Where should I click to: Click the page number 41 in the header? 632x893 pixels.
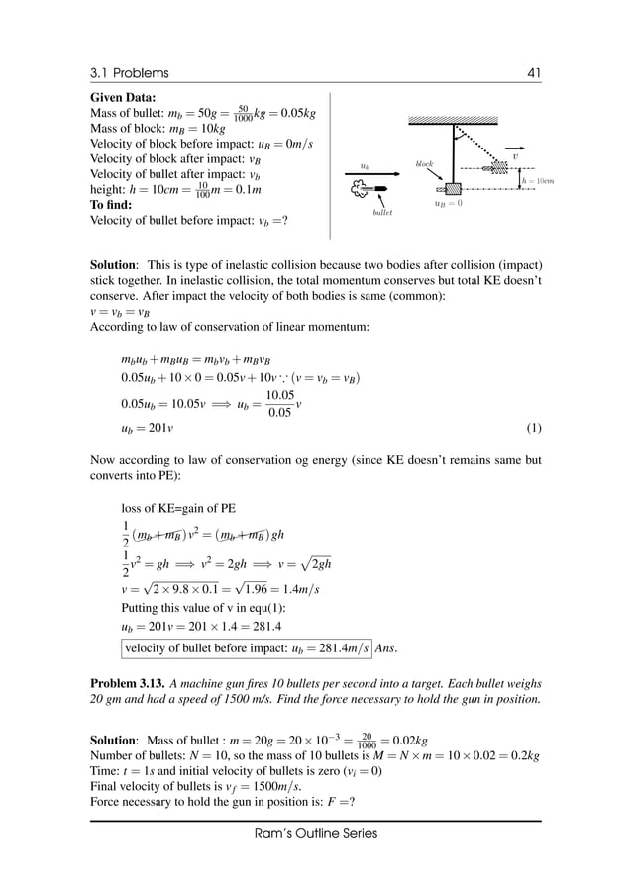click(533, 73)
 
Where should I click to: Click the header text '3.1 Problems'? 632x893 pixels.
click(129, 73)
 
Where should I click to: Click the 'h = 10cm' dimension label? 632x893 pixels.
click(538, 180)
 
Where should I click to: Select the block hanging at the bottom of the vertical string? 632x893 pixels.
click(454, 188)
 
